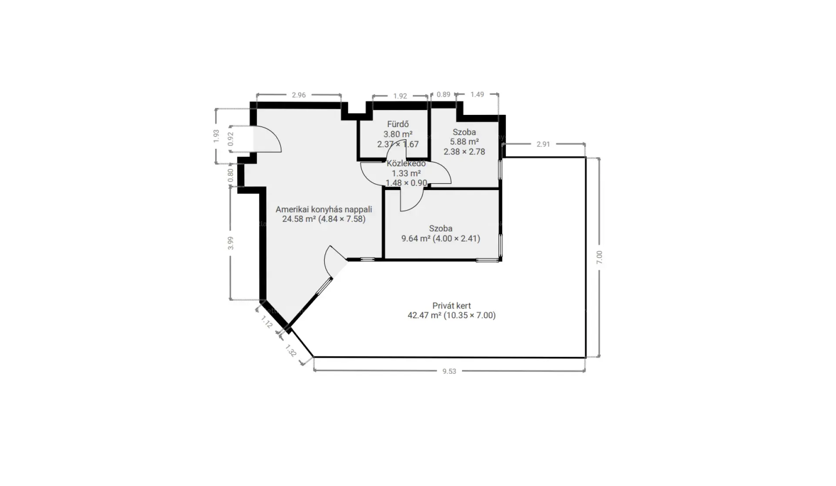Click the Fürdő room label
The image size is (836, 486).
[398, 124]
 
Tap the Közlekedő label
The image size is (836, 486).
[406, 164]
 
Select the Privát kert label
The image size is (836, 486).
[452, 306]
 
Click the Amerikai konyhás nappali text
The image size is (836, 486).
[324, 209]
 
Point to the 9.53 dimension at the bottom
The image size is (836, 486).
[449, 371]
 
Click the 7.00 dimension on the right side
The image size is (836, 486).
[599, 257]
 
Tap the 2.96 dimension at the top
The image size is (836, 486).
[299, 95]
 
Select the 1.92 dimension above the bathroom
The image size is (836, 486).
[400, 96]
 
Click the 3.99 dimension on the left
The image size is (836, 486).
[231, 243]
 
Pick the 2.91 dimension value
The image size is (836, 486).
[543, 144]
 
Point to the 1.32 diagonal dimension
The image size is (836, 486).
[291, 351]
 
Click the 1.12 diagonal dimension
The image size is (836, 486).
[266, 322]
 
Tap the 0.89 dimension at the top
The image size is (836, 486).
[443, 94]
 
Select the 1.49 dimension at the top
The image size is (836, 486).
[477, 94]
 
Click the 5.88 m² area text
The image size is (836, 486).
[465, 142]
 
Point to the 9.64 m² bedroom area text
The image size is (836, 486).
[416, 238]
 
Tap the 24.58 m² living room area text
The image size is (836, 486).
[299, 219]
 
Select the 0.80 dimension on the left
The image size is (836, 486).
[231, 175]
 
